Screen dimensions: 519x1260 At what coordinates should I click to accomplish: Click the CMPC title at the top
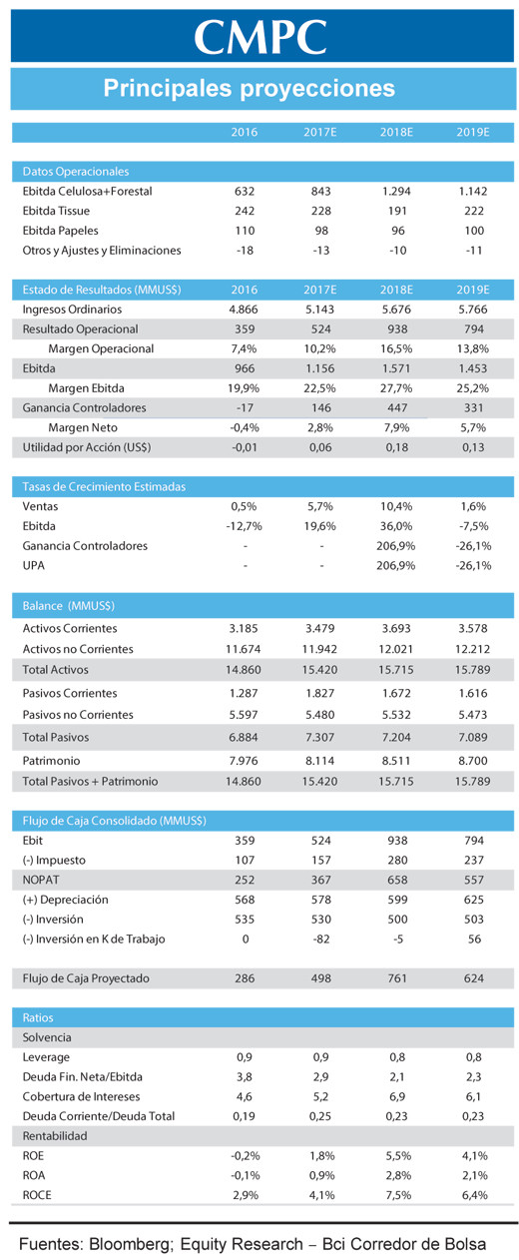260,37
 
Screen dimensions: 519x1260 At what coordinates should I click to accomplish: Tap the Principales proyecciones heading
250,88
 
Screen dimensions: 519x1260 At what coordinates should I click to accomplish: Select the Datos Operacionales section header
75,172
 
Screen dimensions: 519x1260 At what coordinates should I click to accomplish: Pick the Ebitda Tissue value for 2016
245,211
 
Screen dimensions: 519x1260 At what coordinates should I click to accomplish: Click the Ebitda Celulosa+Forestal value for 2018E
396,192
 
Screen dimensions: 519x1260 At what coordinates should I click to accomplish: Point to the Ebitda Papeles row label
60,231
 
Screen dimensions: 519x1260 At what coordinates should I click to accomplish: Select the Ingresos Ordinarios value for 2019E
473,310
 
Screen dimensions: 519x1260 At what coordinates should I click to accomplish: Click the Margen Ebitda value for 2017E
320,388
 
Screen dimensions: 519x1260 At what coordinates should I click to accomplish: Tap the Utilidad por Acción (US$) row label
87,447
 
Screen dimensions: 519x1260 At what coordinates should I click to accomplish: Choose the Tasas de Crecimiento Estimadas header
104,486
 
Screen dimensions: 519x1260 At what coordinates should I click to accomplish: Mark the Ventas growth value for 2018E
396,506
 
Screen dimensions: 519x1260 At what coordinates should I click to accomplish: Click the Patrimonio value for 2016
244,761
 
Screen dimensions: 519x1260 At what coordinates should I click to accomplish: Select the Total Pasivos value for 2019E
473,737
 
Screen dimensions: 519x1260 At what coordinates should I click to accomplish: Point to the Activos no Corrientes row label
78,649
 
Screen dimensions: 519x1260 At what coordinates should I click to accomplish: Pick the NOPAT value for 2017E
321,880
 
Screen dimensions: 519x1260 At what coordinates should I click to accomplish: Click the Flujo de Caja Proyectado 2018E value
397,978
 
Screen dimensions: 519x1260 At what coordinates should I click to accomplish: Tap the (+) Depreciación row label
65,900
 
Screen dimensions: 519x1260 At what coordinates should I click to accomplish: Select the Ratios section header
38,1017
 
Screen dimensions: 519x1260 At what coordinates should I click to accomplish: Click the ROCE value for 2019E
474,1195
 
